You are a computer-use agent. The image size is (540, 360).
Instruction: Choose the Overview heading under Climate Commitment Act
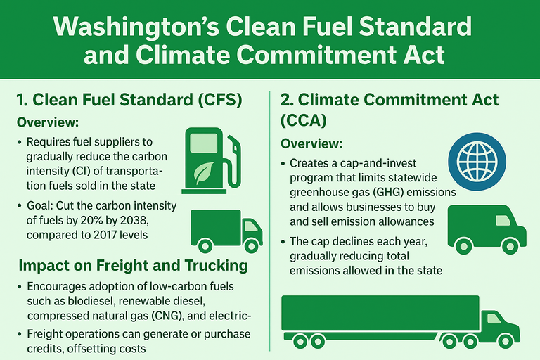coord(311,143)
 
